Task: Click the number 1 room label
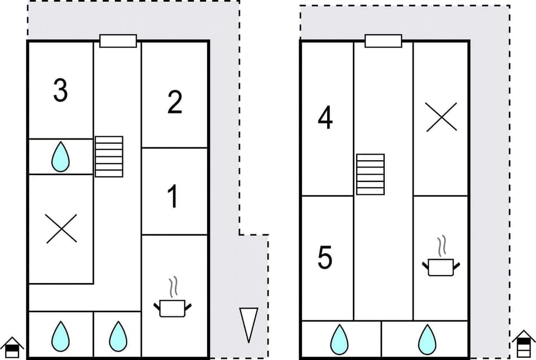click(173, 196)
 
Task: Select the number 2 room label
click(174, 103)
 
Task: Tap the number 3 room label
click(60, 90)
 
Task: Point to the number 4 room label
click(325, 118)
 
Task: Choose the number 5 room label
click(325, 258)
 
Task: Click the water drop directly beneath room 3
click(60, 157)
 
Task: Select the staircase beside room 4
click(370, 174)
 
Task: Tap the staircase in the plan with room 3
click(109, 156)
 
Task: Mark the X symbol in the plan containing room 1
click(61, 229)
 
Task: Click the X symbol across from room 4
click(441, 117)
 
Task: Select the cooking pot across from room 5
click(441, 265)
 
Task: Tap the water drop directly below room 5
click(339, 340)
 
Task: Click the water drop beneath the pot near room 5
click(427, 340)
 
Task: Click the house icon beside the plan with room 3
click(12, 347)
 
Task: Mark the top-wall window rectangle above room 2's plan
click(118, 41)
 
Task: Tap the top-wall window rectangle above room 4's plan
click(383, 41)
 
